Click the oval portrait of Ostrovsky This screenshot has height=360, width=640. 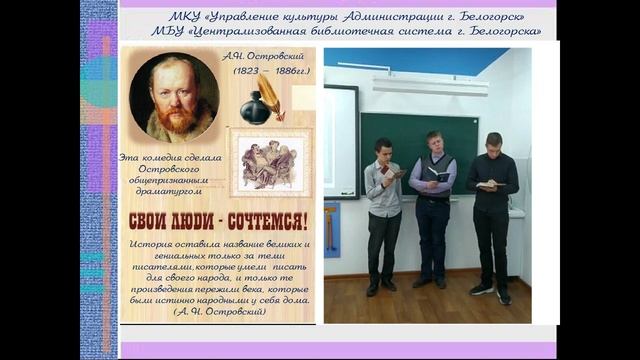175,96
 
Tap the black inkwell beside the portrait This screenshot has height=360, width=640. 255,105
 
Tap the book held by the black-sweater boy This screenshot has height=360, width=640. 487,183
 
